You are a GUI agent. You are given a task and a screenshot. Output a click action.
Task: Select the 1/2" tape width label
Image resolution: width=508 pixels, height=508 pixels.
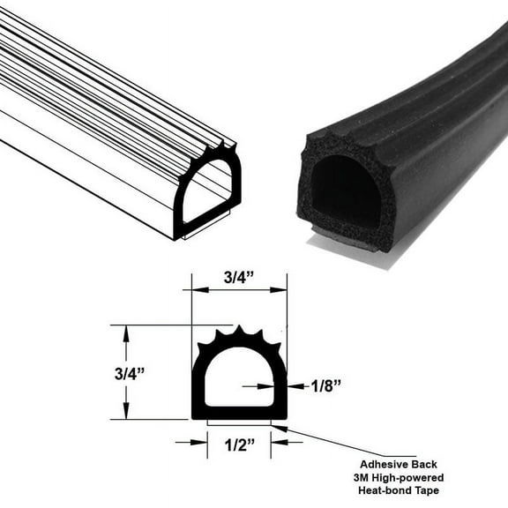pyautogui.click(x=239, y=448)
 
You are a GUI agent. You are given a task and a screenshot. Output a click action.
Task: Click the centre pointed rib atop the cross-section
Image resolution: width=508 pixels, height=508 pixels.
pyautogui.click(x=239, y=333)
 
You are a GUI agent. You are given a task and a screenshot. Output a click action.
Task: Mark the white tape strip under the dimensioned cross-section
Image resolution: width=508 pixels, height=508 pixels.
pyautogui.click(x=239, y=422)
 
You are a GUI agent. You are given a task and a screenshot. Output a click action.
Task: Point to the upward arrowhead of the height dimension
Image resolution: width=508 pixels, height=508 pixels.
pyautogui.click(x=126, y=331)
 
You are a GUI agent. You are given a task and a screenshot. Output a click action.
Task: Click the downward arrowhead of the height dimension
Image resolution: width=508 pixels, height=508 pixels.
pyautogui.click(x=126, y=414)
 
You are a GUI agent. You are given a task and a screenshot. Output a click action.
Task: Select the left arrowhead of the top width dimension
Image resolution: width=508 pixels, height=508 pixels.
pyautogui.click(x=197, y=288)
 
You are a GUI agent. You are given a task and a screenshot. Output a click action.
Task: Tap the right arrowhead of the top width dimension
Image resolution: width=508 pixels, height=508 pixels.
pyautogui.click(x=281, y=288)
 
